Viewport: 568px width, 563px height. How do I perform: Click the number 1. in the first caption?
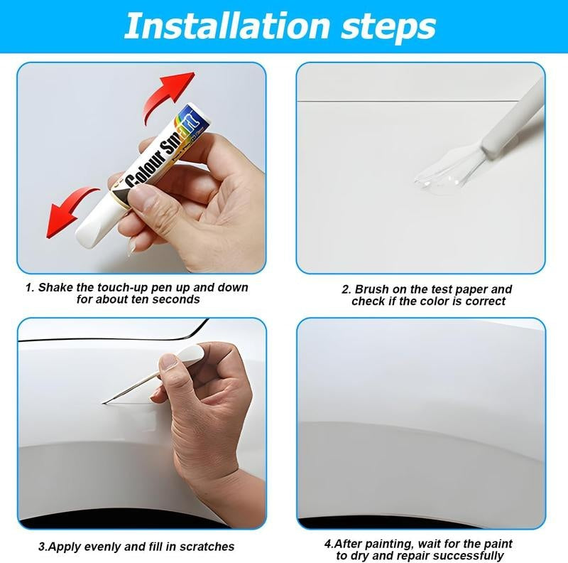30,288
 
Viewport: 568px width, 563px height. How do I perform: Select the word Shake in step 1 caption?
54,288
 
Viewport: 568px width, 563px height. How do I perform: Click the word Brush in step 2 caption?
371,289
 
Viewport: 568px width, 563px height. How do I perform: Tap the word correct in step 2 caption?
484,301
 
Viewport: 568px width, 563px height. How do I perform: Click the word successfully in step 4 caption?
464,556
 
